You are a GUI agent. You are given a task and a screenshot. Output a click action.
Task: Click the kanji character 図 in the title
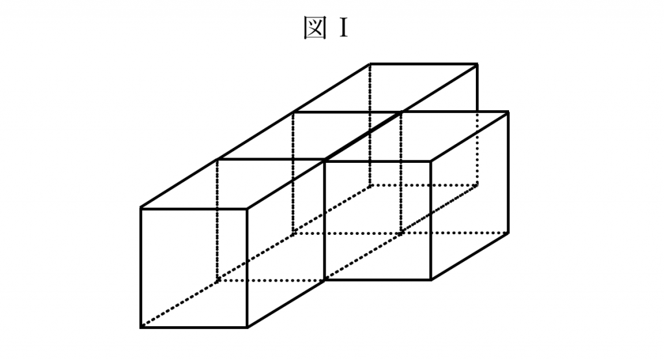(316, 27)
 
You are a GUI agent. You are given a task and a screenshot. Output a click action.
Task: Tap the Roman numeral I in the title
(343, 28)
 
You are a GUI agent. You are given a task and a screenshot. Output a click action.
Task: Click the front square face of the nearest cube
(194, 268)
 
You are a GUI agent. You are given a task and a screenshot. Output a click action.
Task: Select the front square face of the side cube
(378, 221)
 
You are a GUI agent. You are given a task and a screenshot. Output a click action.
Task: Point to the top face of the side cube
(416, 136)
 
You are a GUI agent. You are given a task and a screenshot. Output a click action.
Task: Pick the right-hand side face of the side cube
(469, 196)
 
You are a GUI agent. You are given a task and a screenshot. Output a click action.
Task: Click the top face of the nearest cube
(232, 184)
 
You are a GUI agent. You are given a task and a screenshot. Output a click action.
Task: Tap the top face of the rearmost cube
(385, 88)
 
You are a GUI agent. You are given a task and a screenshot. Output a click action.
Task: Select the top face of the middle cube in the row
(309, 136)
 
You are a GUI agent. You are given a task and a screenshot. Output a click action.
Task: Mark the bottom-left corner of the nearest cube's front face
(141, 328)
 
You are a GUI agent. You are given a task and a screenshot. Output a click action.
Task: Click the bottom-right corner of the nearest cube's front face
(247, 328)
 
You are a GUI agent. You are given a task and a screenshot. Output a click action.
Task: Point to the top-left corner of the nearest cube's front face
(141, 208)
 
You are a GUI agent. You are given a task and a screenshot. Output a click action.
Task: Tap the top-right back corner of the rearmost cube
(477, 64)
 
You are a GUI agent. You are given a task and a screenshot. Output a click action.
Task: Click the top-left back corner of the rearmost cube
(370, 64)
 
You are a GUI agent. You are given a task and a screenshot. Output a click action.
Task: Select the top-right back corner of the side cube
(508, 112)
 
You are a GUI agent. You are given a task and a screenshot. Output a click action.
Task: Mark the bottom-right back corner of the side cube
(508, 232)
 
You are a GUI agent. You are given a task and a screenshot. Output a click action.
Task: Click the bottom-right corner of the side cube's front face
(431, 280)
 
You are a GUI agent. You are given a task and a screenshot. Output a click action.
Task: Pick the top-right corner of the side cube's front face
(431, 161)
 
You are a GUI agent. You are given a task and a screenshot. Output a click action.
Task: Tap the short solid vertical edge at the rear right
(477, 88)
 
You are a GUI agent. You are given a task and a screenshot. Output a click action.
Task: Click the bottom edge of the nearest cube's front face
(194, 328)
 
